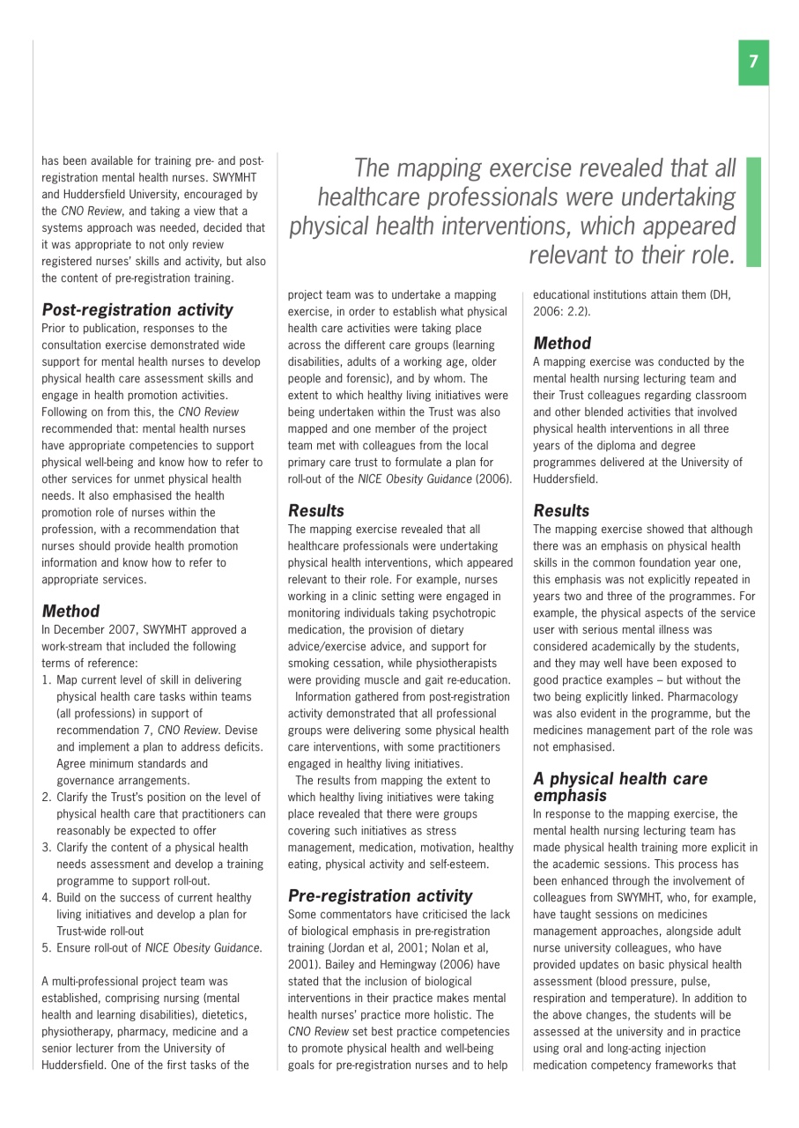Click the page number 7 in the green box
753,62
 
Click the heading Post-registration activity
137,309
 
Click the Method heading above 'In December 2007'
70,611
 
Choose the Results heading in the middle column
316,510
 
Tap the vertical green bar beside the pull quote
752,212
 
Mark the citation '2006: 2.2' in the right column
560,311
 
